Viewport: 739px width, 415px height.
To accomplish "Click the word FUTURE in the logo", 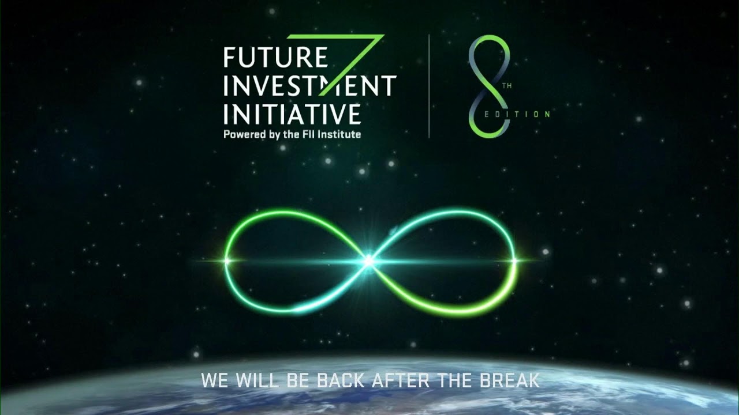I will (275, 59).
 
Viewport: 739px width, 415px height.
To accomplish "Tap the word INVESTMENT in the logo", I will (309, 86).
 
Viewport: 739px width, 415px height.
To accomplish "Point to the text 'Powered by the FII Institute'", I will (292, 134).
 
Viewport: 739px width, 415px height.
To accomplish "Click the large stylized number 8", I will (490, 86).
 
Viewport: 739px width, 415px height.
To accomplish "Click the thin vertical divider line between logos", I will (429, 86).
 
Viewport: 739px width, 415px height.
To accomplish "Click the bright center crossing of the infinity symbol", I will (368, 261).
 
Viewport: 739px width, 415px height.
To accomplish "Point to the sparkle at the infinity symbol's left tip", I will (226, 261).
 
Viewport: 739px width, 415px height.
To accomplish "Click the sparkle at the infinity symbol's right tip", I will (514, 261).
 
